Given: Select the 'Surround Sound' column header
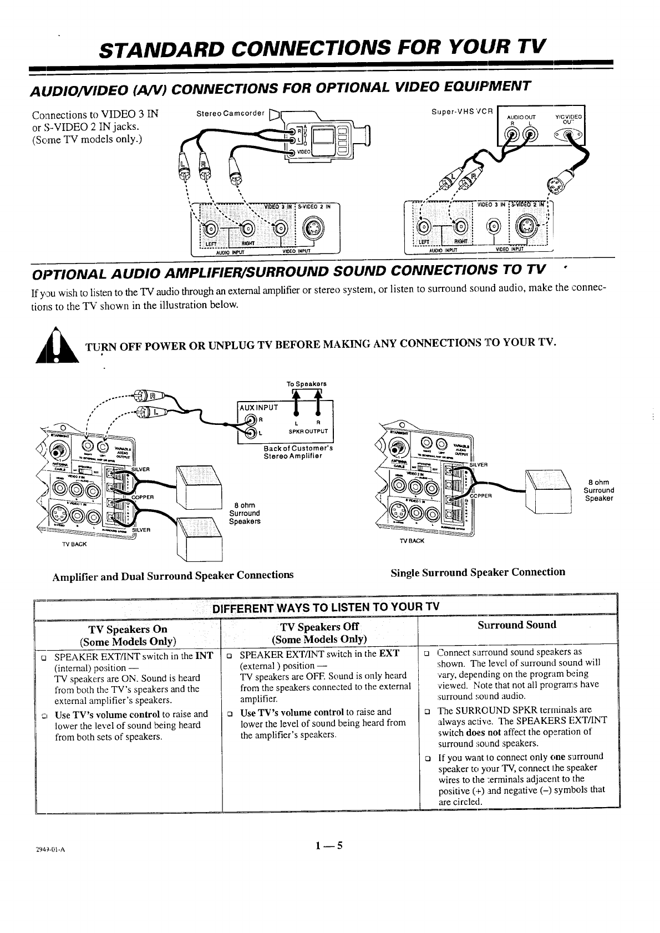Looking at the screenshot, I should [x=517, y=625].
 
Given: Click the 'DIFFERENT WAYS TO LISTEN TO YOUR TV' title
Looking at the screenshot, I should [x=326, y=606].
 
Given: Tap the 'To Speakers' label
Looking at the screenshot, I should [x=306, y=384].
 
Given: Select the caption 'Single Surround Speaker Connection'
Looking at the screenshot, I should [x=478, y=572].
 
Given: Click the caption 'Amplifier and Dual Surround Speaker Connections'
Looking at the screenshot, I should [x=172, y=576].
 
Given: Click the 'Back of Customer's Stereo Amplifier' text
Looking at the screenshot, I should [x=298, y=452].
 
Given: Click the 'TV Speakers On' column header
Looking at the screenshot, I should [x=128, y=629].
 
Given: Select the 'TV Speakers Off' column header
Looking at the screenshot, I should [x=319, y=627].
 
